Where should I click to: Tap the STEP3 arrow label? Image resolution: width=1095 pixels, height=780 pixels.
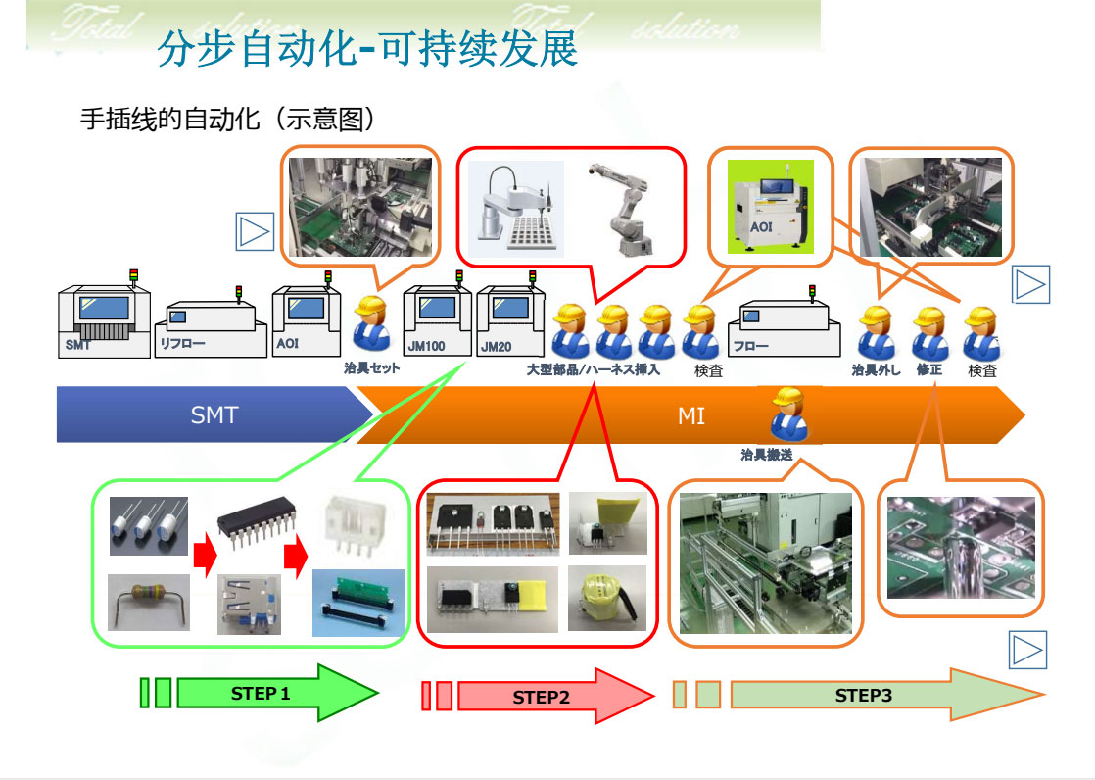(x=863, y=696)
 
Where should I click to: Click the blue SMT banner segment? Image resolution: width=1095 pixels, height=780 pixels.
(x=214, y=415)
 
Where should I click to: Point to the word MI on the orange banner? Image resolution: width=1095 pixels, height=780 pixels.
(x=691, y=416)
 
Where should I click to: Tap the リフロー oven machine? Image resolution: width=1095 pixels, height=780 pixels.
(x=212, y=329)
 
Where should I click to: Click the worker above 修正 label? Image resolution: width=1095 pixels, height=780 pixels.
(x=928, y=333)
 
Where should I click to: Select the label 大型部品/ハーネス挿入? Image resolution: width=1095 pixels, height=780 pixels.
(x=593, y=370)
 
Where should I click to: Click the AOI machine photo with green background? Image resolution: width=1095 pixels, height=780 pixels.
(x=770, y=208)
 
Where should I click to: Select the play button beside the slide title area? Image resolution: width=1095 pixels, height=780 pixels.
(x=255, y=231)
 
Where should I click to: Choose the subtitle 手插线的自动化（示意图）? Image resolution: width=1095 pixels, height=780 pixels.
(x=228, y=121)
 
